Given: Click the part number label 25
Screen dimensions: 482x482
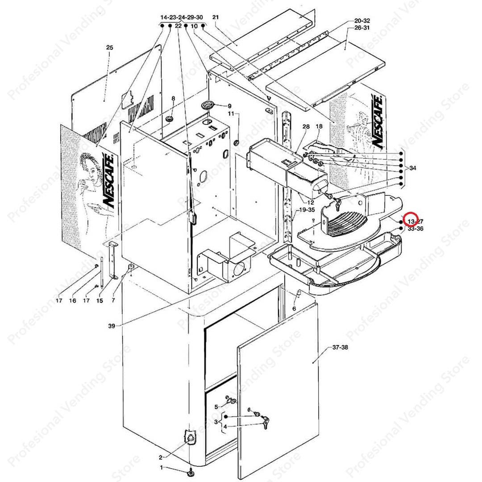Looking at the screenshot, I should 110,47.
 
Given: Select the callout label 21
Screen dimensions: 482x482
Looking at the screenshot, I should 215,17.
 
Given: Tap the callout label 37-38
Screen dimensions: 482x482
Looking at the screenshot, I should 340,347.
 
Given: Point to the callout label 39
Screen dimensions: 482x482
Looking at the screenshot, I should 112,326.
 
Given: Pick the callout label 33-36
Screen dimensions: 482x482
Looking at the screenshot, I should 415,229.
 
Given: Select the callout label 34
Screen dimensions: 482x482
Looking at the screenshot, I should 412,168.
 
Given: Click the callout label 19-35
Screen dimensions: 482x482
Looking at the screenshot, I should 307,209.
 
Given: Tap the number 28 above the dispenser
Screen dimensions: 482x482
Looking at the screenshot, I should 306,127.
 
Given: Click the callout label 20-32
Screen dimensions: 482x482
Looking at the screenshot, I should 362,21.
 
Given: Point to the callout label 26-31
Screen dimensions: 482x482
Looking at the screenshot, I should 362,28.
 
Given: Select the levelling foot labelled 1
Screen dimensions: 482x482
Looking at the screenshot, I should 191,471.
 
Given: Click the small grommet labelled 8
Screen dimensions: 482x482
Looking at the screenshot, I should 170,119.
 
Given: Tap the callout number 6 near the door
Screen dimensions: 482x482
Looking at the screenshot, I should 294,309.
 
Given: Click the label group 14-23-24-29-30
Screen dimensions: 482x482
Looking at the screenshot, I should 182,17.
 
